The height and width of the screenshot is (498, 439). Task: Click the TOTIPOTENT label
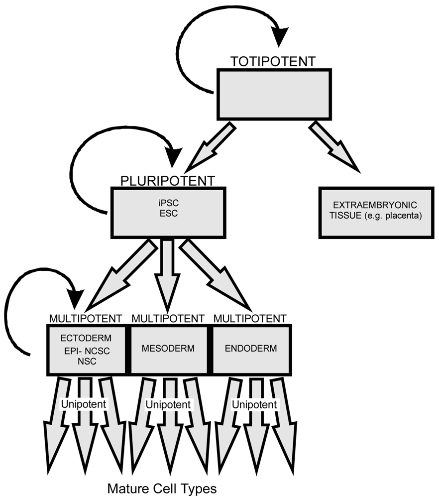[273, 62]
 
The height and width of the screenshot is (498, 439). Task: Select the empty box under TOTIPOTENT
[273, 94]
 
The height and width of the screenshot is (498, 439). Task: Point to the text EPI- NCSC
[87, 350]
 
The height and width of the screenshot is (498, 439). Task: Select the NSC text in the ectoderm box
[87, 361]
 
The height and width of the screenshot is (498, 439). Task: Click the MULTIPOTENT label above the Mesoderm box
[168, 318]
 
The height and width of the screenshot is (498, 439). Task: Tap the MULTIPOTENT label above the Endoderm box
[249, 318]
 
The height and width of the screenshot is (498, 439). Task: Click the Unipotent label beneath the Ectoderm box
[84, 403]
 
